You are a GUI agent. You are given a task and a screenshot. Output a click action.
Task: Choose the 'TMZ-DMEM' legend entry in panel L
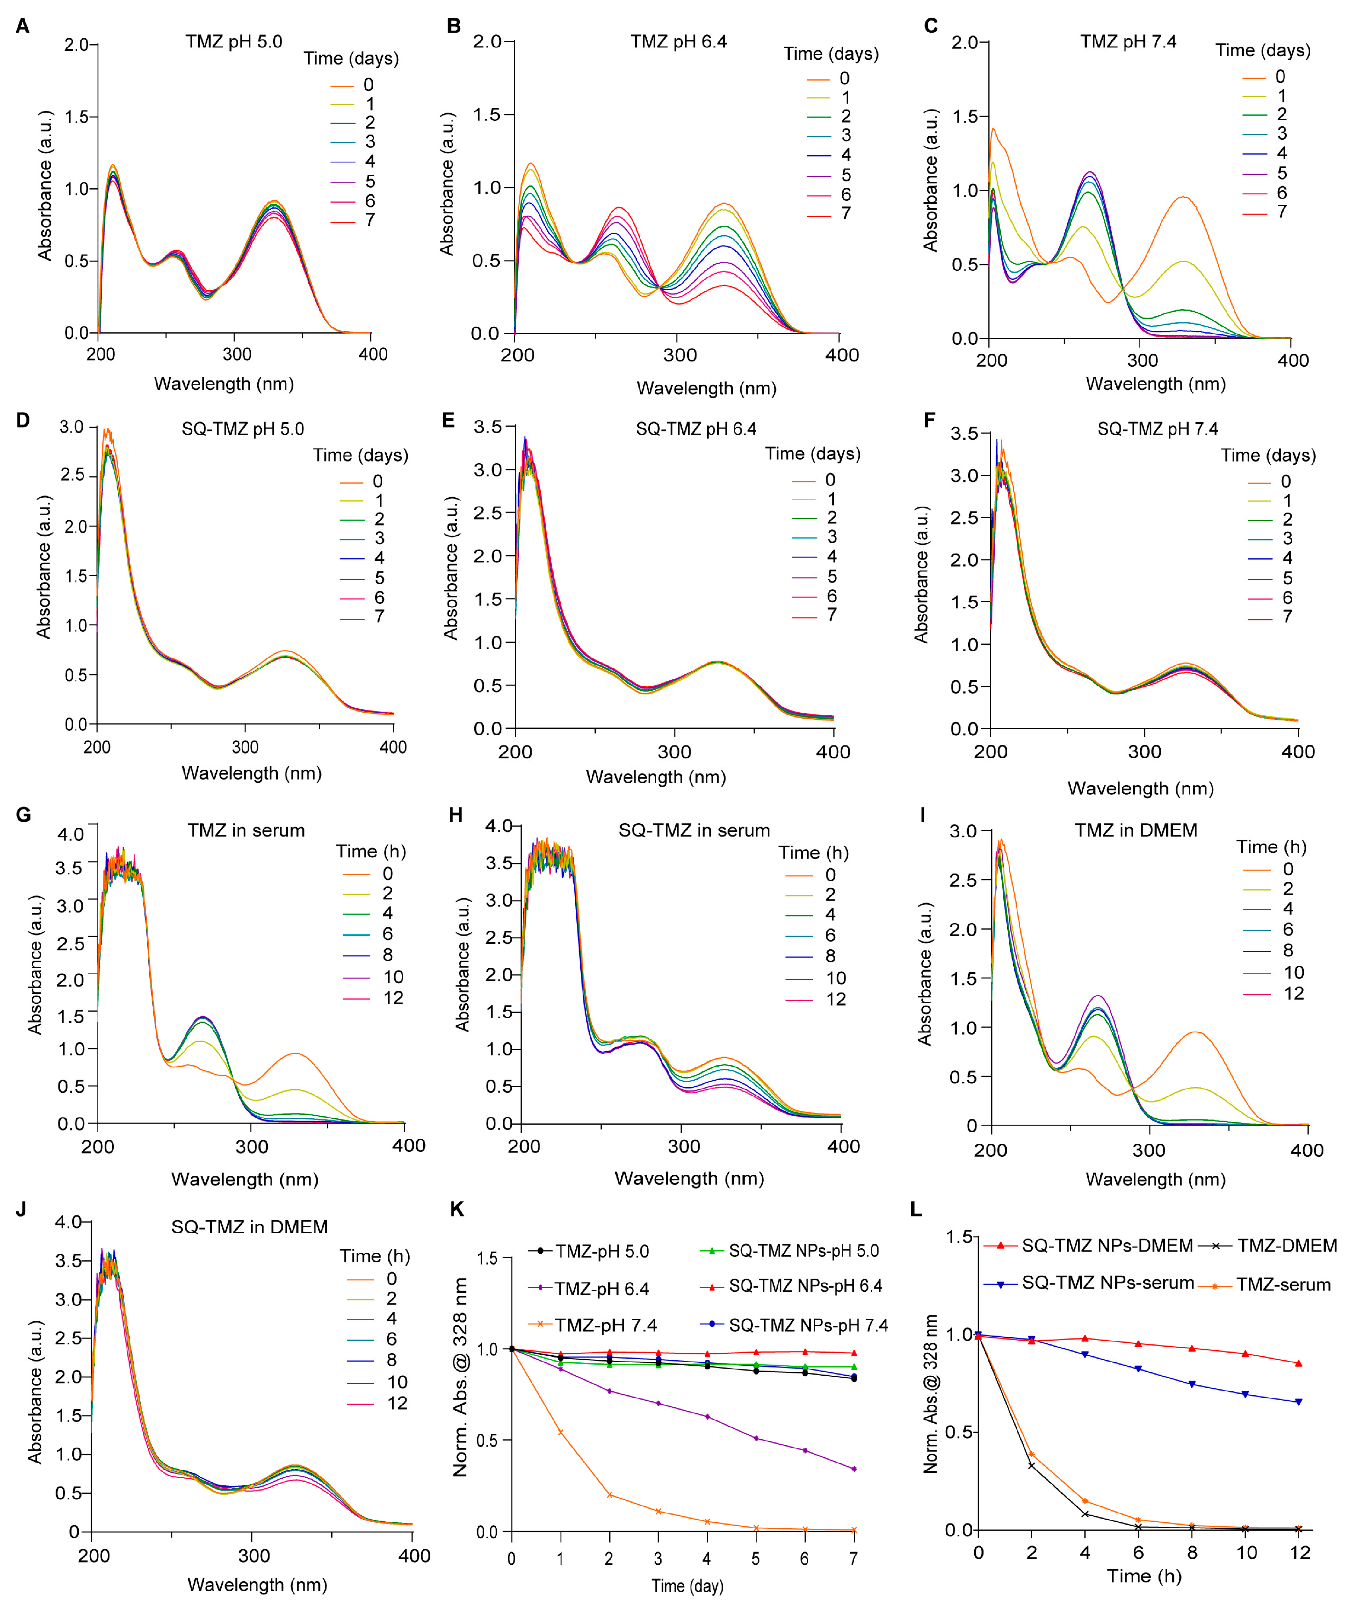point(1286,1246)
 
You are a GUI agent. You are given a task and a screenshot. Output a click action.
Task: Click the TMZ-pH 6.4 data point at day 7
point(854,1469)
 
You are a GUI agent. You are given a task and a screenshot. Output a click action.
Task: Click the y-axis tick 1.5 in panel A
point(76,117)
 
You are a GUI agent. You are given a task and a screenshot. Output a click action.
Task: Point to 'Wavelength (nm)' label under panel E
point(656,777)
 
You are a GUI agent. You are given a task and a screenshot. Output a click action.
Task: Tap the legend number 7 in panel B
point(846,214)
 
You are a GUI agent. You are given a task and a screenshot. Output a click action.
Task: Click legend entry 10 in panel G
point(393,977)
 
